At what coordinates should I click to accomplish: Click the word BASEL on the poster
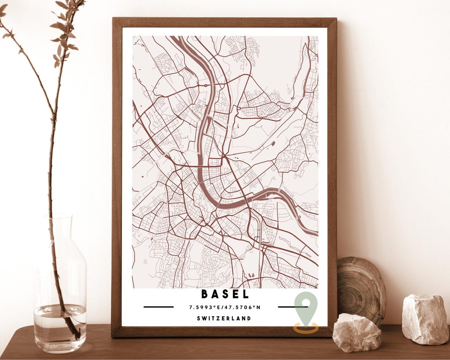pyautogui.click(x=225, y=294)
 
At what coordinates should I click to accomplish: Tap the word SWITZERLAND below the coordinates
pyautogui.click(x=224, y=318)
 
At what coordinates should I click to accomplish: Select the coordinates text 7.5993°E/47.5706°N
pyautogui.click(x=225, y=307)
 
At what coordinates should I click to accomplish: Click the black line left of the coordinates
pyautogui.click(x=158, y=307)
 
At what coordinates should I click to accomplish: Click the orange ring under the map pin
pyautogui.click(x=306, y=328)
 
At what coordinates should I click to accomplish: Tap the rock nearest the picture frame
pyautogui.click(x=356, y=332)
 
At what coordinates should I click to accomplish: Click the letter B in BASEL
pyautogui.click(x=205, y=294)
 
